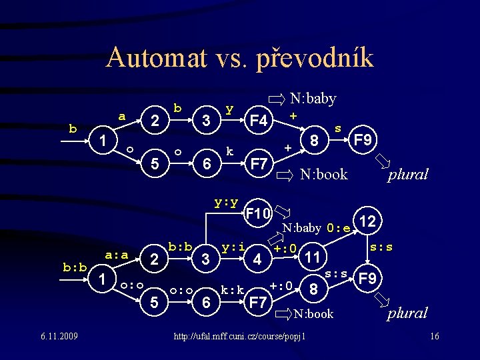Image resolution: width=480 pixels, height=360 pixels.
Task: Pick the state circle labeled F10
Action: (x=257, y=214)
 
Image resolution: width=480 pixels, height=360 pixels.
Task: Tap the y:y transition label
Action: (x=227, y=201)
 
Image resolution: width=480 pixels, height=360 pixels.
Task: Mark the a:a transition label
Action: (x=117, y=253)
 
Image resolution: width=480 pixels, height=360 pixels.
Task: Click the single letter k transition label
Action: (x=229, y=151)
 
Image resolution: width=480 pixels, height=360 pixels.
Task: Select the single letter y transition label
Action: (x=229, y=107)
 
